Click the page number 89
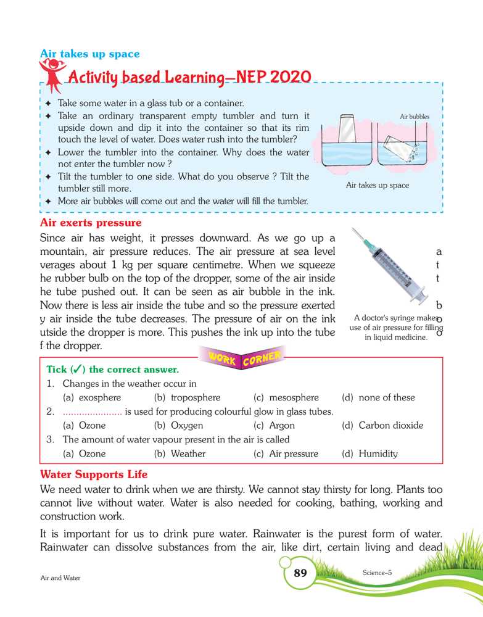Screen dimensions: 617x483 (300, 573)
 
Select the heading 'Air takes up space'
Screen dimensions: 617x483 (89, 54)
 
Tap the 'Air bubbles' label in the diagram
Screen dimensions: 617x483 (415, 116)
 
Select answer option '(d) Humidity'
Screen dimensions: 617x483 (369, 453)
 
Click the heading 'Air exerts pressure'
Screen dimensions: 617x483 (90, 222)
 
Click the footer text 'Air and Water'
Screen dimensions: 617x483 (60, 578)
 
